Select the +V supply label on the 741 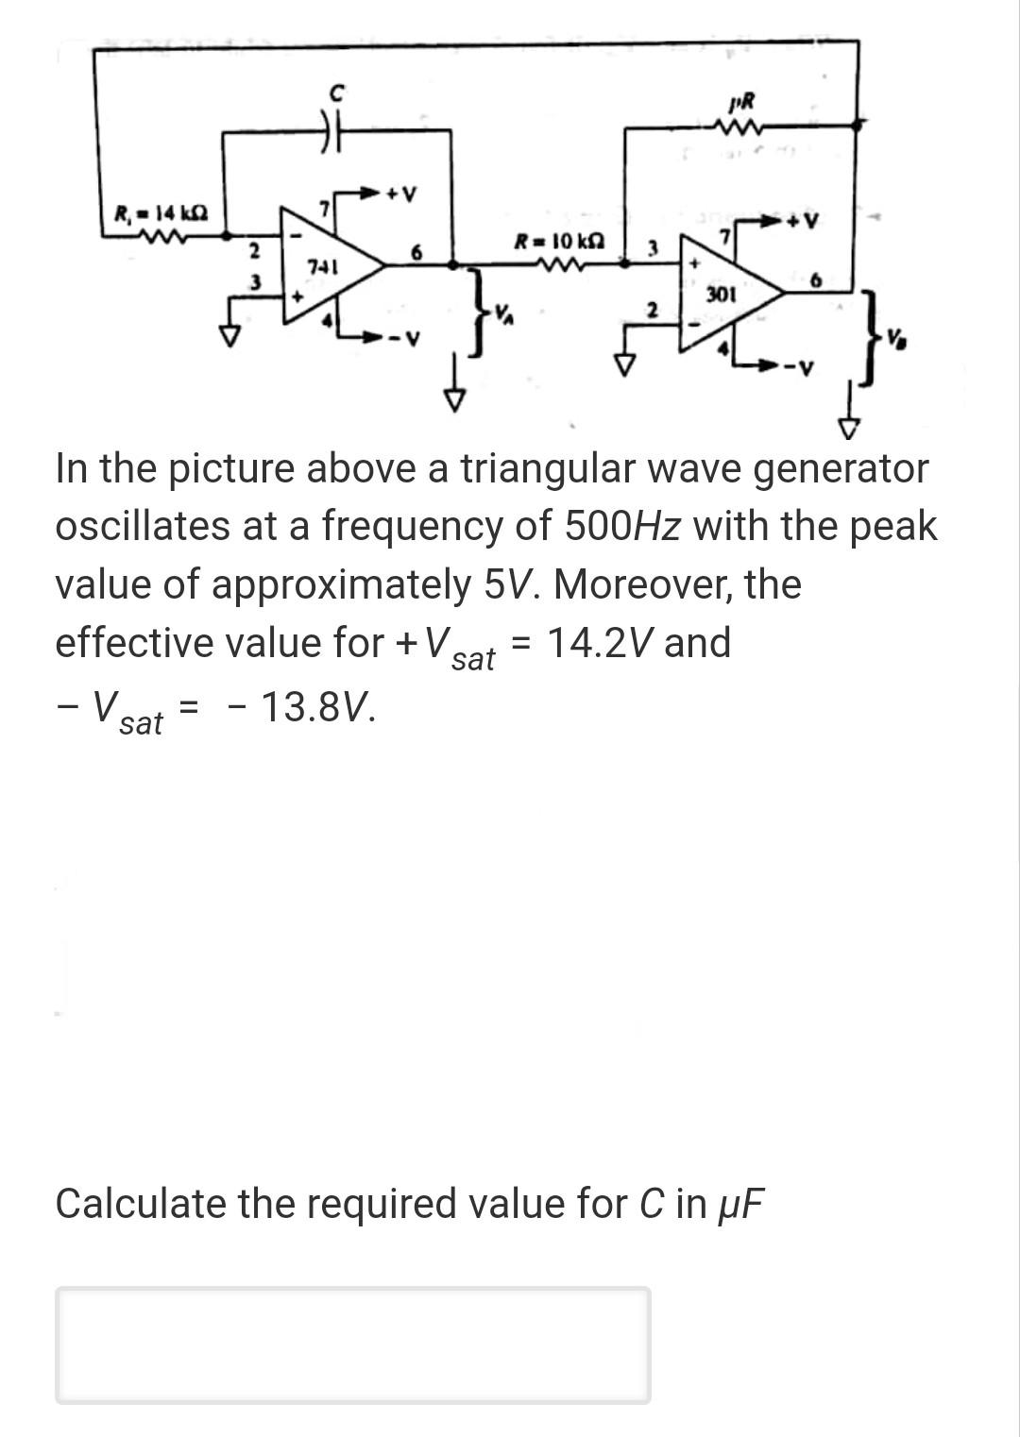(x=399, y=195)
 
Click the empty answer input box (x=352, y=1344)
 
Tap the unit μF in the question (x=739, y=1204)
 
